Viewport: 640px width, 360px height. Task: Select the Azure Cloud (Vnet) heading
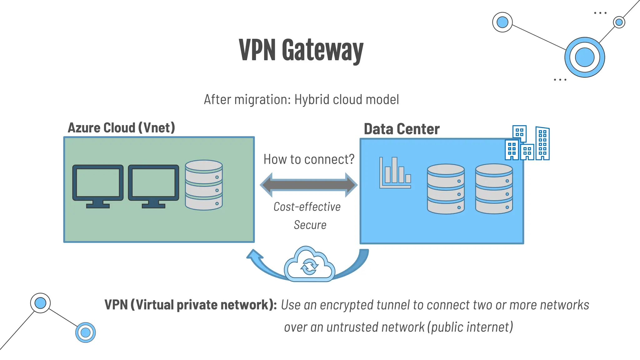(x=121, y=128)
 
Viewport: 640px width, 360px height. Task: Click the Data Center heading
(x=402, y=129)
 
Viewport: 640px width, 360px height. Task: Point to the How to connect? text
(x=309, y=159)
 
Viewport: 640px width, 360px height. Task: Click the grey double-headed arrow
(x=309, y=185)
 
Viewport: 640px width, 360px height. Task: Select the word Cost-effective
(x=307, y=207)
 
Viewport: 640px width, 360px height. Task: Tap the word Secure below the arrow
(x=310, y=225)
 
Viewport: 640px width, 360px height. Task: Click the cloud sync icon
(x=309, y=265)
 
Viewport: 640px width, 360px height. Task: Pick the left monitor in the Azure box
(x=98, y=186)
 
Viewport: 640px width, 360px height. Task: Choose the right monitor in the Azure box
(x=153, y=186)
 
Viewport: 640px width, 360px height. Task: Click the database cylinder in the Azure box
(x=204, y=185)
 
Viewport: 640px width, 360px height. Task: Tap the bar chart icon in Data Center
(x=395, y=173)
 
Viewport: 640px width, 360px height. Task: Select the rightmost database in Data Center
(x=494, y=189)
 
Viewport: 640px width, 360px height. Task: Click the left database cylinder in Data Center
(x=446, y=189)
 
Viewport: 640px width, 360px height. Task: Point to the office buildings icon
(x=527, y=143)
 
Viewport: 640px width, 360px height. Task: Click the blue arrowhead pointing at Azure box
(x=254, y=254)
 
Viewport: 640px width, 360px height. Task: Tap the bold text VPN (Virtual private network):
(x=190, y=305)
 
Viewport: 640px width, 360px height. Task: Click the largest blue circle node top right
(x=584, y=57)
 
